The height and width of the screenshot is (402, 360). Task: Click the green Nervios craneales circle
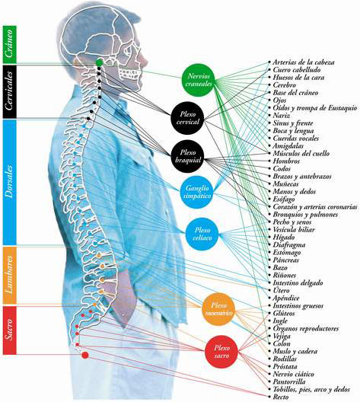[199, 80]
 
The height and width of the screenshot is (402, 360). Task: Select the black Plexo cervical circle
[187, 118]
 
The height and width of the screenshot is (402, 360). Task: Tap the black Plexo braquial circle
[187, 156]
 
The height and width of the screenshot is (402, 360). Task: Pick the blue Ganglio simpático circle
[197, 192]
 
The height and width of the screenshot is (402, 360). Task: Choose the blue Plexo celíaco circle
[202, 234]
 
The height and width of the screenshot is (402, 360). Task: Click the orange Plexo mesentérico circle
[218, 309]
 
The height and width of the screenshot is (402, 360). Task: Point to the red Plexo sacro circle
[221, 352]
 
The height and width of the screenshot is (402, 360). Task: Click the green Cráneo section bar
[10, 44]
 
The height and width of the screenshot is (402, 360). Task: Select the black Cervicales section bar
[10, 91]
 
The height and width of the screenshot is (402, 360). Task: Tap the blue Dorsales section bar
[10, 182]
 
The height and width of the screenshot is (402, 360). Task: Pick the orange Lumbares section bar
[10, 275]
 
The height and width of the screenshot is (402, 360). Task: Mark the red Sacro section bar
[10, 330]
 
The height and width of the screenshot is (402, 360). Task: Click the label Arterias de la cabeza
[304, 62]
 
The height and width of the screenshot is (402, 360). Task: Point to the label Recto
[281, 397]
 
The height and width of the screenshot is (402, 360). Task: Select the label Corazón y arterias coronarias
[315, 206]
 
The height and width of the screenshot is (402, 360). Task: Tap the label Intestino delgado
[298, 282]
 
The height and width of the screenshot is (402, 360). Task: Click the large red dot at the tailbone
[85, 355]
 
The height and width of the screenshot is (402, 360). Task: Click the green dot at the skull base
[100, 62]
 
